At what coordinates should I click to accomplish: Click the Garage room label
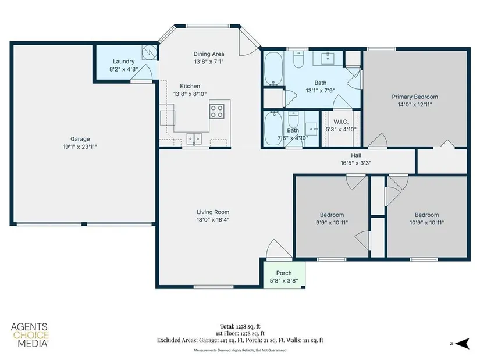coord(80,139)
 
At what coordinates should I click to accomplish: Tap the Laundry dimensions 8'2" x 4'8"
coord(124,69)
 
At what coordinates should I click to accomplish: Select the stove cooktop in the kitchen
coord(217,111)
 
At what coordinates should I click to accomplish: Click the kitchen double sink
coord(194,139)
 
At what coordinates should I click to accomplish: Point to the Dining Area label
coord(209,54)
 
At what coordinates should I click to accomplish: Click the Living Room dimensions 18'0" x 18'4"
coord(213,219)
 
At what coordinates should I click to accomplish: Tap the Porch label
coord(284,273)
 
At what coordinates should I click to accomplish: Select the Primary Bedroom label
coord(415,97)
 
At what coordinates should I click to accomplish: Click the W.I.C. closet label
coord(341,122)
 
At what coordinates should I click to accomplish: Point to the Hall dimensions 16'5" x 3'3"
coord(356,163)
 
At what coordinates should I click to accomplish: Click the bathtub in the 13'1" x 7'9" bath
coord(273,69)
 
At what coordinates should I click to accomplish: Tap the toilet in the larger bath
coord(298,59)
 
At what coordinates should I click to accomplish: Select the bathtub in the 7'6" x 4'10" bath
coord(273,129)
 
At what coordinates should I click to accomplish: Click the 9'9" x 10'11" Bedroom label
coord(332,215)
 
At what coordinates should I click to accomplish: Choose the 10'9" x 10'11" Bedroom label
coord(426,215)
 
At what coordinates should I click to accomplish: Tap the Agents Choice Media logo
coord(30,335)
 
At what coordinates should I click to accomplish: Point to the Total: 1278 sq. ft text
coord(240,326)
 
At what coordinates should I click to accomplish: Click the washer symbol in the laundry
coord(150,53)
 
